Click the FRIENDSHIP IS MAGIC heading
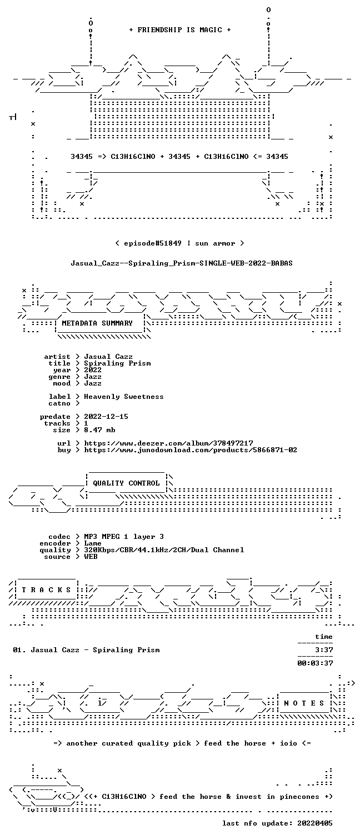[x=180, y=30]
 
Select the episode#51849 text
[x=153, y=243]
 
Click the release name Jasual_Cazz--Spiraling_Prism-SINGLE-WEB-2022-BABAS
[x=182, y=263]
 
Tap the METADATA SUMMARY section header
[x=97, y=323]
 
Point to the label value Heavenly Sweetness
[x=124, y=397]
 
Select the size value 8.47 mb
[x=99, y=430]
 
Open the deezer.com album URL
[x=168, y=443]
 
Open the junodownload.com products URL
[x=191, y=450]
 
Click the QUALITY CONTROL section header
[x=126, y=483]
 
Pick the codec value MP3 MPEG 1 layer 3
[x=124, y=537]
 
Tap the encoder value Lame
[x=93, y=543]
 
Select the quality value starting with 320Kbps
[x=164, y=550]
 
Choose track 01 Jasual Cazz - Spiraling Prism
[x=86, y=650]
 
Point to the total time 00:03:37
[x=315, y=663]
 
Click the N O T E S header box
[x=304, y=703]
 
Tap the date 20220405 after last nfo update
[x=315, y=823]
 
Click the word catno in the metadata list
[x=59, y=403]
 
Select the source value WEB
[x=91, y=557]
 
